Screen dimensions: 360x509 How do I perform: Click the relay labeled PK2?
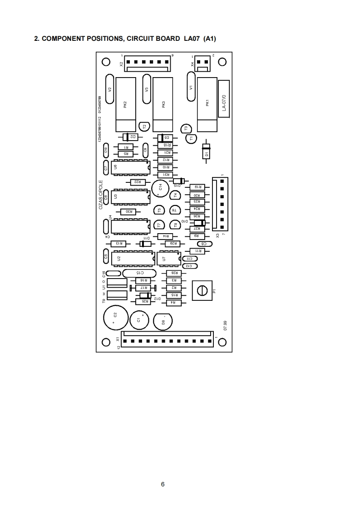[x=125, y=104]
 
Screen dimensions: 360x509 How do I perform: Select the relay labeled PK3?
[x=163, y=104]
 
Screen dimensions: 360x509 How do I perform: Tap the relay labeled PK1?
[x=207, y=104]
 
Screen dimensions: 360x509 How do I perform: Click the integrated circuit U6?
[x=130, y=167]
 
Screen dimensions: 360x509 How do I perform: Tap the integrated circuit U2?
[x=130, y=259]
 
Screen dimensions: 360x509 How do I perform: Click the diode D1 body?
[x=207, y=152]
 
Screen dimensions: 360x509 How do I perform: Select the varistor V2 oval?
[x=109, y=89]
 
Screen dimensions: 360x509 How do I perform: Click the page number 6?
[x=163, y=484]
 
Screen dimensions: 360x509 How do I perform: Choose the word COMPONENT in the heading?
[x=65, y=39]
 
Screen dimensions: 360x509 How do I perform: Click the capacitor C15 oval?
[x=140, y=273]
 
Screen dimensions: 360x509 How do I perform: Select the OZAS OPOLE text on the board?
[x=101, y=195]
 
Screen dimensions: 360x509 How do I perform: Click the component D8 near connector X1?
[x=164, y=322]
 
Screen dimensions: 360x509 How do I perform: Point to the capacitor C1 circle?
[x=139, y=320]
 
